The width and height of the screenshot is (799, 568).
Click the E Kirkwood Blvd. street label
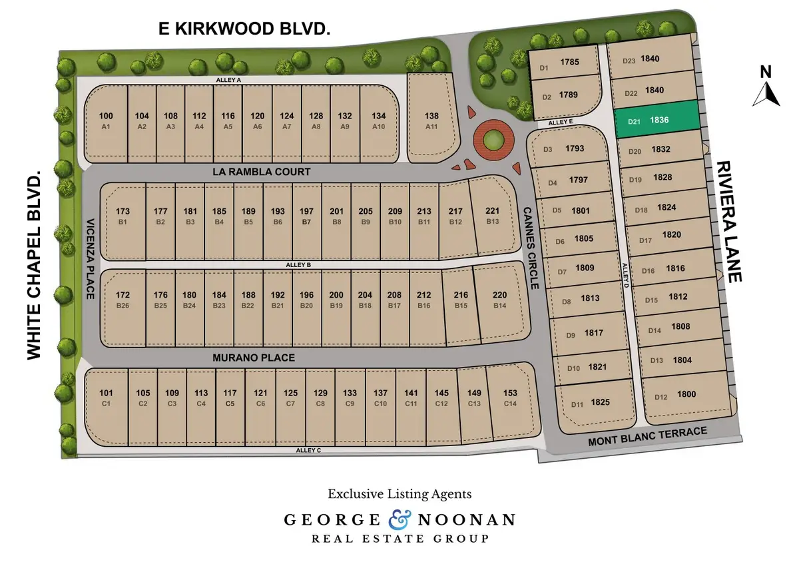pos(244,29)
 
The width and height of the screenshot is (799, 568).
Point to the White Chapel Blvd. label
pos(35,264)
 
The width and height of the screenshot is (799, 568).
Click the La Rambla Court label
pos(262,172)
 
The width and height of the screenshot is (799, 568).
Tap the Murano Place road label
pos(253,358)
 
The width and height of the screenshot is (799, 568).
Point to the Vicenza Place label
pos(90,258)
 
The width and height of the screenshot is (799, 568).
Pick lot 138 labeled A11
pos(431,120)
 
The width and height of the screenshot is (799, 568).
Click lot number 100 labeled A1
pos(106,120)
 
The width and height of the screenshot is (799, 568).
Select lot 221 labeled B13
pos(493,214)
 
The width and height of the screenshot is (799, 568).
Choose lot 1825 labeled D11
pos(593,403)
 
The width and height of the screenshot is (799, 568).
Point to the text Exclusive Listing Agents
pos(400,494)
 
